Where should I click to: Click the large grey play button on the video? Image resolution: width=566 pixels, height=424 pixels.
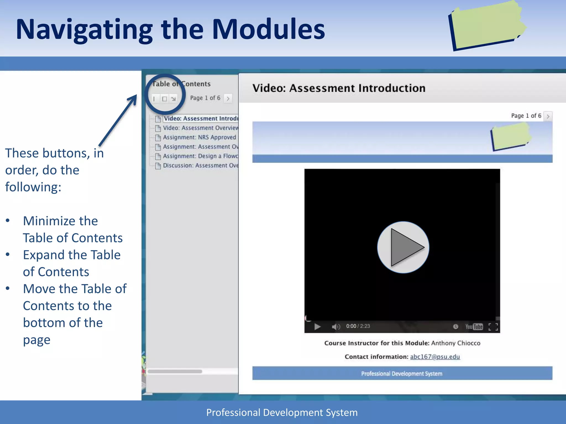point(403,247)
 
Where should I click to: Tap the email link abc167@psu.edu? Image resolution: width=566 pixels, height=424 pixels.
point(435,357)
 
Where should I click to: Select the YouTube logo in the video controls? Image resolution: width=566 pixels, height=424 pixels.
point(474,327)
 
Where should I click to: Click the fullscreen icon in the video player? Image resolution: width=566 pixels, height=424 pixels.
point(493,327)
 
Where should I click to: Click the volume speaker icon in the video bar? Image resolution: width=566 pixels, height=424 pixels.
point(336,327)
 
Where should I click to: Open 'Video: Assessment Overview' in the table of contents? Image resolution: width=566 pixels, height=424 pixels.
point(200,128)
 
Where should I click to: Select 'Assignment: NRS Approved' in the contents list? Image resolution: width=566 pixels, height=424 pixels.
point(199,137)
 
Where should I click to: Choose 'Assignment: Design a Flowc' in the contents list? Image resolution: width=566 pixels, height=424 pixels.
point(200,156)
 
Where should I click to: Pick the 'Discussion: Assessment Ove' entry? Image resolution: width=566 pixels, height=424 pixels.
point(200,166)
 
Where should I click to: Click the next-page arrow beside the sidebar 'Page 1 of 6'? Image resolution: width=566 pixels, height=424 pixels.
point(228,98)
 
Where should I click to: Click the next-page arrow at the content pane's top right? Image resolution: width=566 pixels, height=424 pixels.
point(548,116)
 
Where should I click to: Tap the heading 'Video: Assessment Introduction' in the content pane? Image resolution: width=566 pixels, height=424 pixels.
point(339,88)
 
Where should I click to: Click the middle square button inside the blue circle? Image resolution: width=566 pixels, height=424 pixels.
point(164,99)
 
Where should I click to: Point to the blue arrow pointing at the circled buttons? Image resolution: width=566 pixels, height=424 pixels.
point(118,120)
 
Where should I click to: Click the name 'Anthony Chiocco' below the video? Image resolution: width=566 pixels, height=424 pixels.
point(456,343)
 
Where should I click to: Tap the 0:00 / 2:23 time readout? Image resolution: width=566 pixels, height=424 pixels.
point(358,326)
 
